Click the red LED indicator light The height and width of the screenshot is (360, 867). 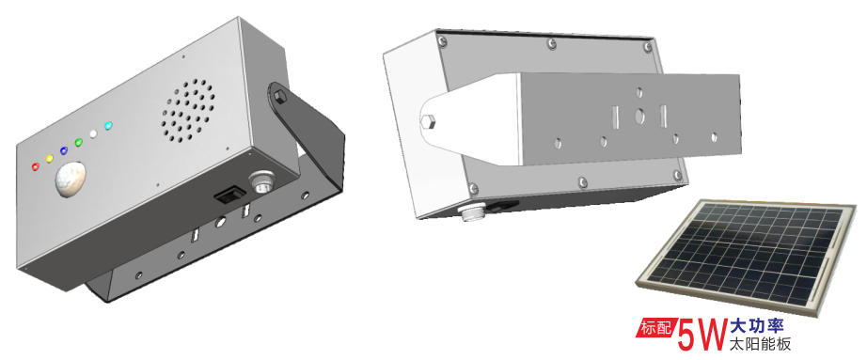coord(36,165)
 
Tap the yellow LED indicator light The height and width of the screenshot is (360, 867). coord(49,159)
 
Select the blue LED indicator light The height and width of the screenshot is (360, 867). coord(64,150)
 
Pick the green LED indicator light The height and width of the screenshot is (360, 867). coord(78,142)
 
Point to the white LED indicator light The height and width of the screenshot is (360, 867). coord(93,133)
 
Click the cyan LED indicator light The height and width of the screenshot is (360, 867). coord(108,126)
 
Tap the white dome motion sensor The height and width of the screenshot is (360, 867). coord(71,179)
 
